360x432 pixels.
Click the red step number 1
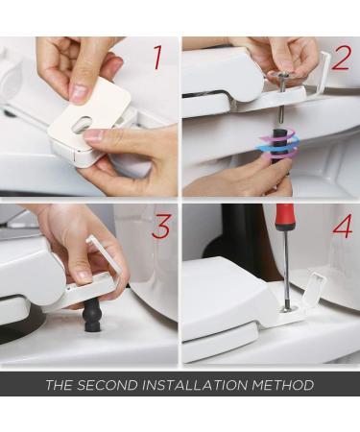(x=158, y=58)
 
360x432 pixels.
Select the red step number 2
(x=342, y=58)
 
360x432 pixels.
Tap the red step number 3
(x=161, y=227)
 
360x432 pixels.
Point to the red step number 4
(x=343, y=226)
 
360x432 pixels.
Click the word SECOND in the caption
(x=107, y=385)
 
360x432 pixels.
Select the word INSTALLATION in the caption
(x=194, y=385)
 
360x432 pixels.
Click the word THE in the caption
(x=59, y=385)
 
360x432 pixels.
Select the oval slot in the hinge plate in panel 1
(x=82, y=124)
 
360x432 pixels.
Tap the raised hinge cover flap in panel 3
(x=105, y=257)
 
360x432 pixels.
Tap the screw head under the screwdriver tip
(x=288, y=309)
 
